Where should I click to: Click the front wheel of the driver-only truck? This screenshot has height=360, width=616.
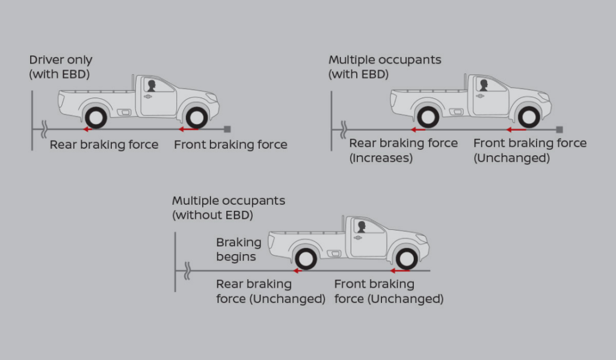click(197, 116)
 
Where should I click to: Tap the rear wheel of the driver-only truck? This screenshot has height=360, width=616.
click(96, 116)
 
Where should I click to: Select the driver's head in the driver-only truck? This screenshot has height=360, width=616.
click(150, 84)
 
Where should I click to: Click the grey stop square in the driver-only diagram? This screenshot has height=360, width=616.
click(227, 129)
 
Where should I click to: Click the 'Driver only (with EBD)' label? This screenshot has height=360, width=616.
click(61, 67)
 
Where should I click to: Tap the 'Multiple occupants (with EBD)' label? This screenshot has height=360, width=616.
click(384, 67)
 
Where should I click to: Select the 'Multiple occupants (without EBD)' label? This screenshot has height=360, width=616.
click(229, 208)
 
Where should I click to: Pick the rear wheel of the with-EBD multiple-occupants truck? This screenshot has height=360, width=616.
click(428, 116)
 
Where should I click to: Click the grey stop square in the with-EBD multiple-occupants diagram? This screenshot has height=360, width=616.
click(559, 129)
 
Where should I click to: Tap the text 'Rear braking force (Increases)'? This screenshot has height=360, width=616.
click(403, 151)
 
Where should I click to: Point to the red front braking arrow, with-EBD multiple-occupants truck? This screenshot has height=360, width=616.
click(516, 129)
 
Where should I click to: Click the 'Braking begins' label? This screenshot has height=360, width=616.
click(238, 249)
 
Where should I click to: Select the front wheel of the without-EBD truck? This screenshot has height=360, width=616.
click(406, 258)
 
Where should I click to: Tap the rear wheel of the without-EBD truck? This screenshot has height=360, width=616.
click(306, 258)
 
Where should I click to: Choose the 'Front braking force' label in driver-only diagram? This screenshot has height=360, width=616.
click(230, 144)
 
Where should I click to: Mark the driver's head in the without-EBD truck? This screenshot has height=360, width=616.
click(361, 226)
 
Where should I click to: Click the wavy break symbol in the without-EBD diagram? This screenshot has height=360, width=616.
click(188, 270)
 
